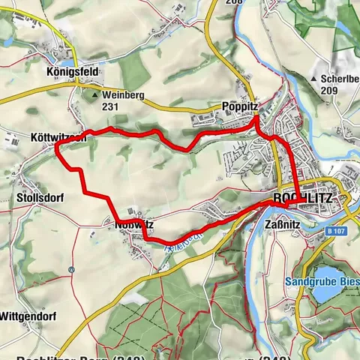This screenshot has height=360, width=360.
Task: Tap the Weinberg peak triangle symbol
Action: [94, 95]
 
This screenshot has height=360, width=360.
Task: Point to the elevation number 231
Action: [111, 107]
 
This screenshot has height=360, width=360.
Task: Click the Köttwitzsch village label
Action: [60, 138]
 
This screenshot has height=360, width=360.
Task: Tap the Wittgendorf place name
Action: [28, 314]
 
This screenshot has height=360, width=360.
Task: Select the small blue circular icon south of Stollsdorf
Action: [70, 268]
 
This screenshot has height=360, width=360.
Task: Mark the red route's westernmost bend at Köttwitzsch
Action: [57, 148]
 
